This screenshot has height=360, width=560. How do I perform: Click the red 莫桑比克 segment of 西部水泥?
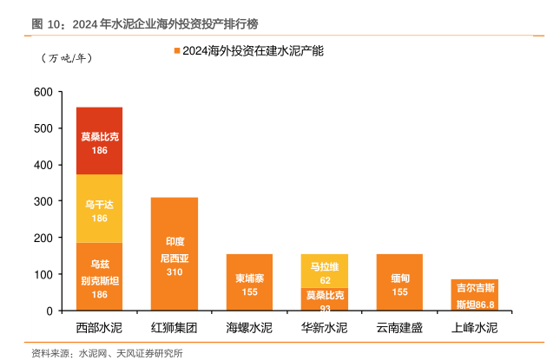coord(99,141)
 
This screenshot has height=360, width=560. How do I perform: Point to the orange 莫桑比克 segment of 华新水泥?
coord(324,299)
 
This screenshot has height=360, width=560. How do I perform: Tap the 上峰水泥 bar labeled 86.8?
coord(474,295)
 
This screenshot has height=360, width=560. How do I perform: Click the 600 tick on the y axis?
coord(43,92)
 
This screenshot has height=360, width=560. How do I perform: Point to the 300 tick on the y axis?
coord(43,201)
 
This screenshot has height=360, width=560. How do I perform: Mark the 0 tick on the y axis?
coord(49,311)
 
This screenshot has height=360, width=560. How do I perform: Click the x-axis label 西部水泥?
coord(99,328)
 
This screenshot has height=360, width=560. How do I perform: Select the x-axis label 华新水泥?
coord(324,328)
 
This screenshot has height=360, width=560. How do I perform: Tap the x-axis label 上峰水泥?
coord(474,328)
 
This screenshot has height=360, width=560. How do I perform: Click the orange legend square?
coord(177,52)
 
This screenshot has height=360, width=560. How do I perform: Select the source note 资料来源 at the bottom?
coord(107,352)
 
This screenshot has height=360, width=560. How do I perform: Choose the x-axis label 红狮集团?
coord(174,328)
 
